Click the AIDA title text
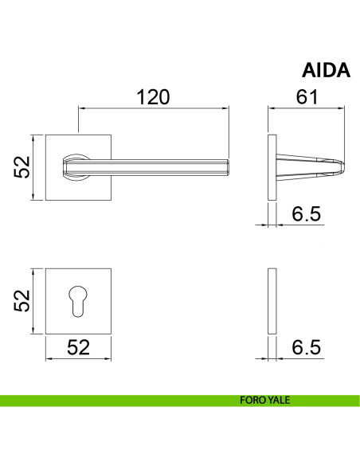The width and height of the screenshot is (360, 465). (x=326, y=70)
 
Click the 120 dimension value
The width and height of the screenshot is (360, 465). (x=153, y=97)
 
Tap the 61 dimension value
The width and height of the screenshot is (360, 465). (x=307, y=96)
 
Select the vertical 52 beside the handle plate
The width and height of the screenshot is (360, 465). (x=22, y=167)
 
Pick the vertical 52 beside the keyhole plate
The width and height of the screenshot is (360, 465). (x=22, y=301)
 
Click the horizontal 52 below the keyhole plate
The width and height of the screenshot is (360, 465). (x=78, y=347)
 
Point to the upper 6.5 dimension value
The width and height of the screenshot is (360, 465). (x=307, y=214)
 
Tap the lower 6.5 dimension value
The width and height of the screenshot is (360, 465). (x=307, y=347)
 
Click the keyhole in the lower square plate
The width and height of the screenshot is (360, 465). (x=78, y=301)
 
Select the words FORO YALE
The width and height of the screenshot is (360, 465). (x=264, y=400)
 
